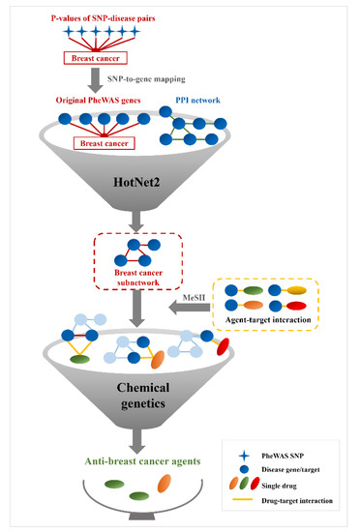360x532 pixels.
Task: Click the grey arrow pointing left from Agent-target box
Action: (197, 312)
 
